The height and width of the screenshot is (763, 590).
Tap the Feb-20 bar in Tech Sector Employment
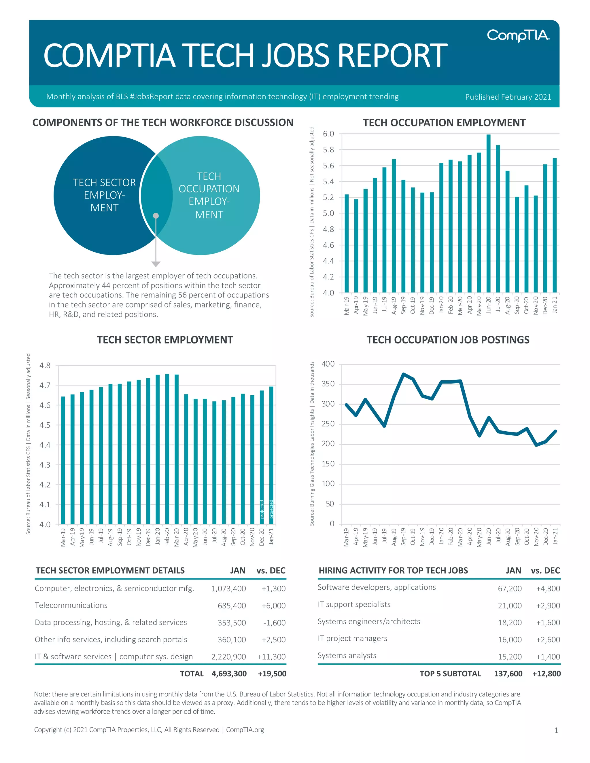coord(167,449)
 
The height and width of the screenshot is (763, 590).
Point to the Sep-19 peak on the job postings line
coord(403,374)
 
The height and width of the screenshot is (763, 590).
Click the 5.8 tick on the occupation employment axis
coord(328,150)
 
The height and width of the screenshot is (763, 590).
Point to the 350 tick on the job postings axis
coord(328,384)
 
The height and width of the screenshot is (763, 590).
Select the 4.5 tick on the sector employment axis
coord(45,425)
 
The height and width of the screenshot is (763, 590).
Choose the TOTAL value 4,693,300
coord(229,674)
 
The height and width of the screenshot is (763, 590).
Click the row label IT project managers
coord(352,639)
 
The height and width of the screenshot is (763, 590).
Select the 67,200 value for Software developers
coord(510,589)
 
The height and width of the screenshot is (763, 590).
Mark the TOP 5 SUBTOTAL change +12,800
coord(546,674)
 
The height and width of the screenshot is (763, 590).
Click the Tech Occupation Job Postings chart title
coord(448,340)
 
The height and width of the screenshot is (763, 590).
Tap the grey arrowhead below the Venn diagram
coord(156,264)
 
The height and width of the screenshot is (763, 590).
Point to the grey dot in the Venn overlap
coord(156,216)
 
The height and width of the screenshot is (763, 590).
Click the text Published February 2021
coord(508,97)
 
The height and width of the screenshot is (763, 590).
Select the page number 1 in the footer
coord(556,730)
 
